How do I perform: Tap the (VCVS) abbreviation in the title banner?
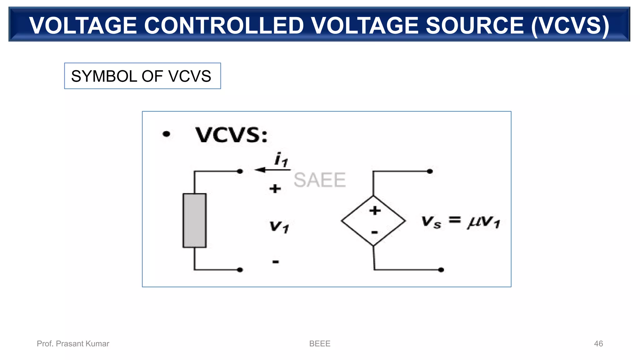pyautogui.click(x=570, y=25)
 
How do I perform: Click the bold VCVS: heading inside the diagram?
pyautogui.click(x=232, y=135)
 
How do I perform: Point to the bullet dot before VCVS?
pyautogui.click(x=167, y=134)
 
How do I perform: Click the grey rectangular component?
pyautogui.click(x=194, y=220)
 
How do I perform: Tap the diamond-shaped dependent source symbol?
pyautogui.click(x=373, y=221)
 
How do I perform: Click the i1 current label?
pyautogui.click(x=281, y=159)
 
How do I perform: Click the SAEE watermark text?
pyautogui.click(x=320, y=180)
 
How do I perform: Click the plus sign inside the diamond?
pyautogui.click(x=375, y=210)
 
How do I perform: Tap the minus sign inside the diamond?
pyautogui.click(x=374, y=232)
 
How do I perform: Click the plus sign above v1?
pyautogui.click(x=275, y=188)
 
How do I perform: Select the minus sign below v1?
pyautogui.click(x=275, y=262)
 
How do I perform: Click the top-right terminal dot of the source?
pyautogui.click(x=430, y=171)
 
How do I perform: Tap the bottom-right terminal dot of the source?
pyautogui.click(x=441, y=270)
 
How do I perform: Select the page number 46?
pyautogui.click(x=598, y=343)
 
